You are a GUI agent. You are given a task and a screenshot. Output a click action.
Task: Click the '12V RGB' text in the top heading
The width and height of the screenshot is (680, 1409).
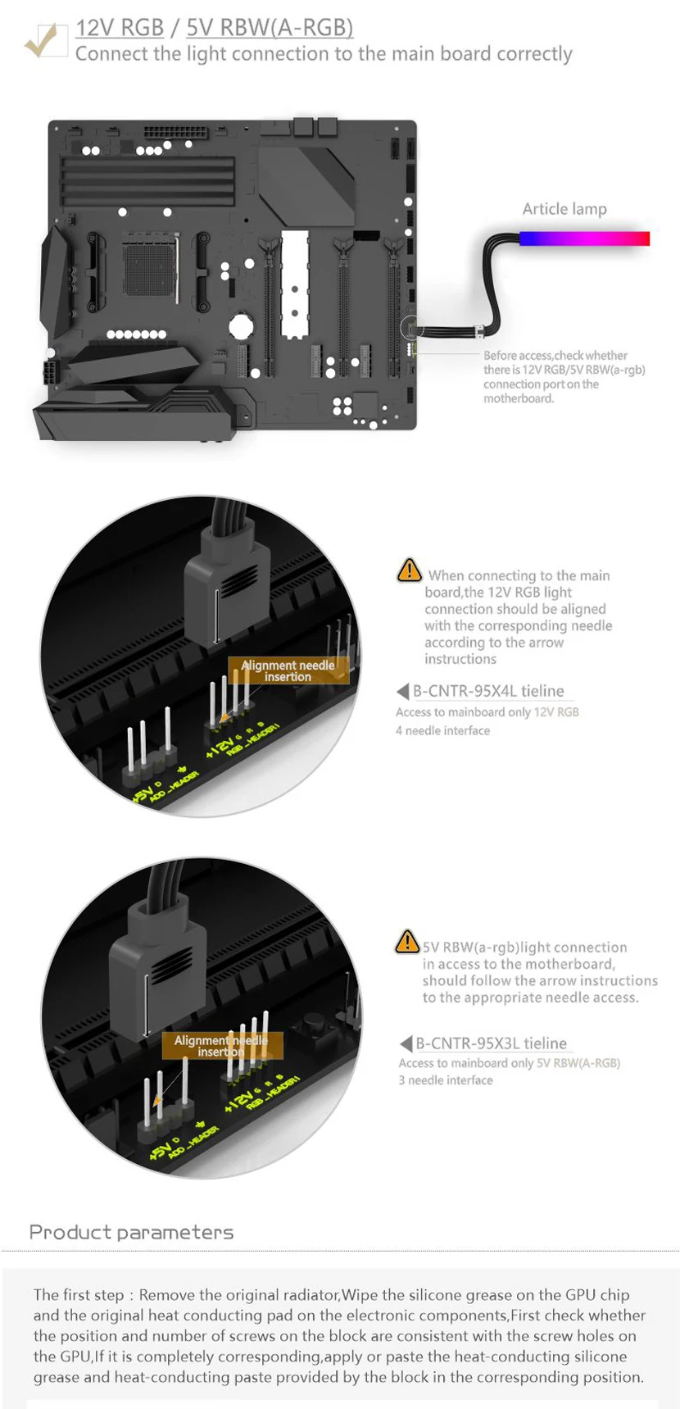coord(120,27)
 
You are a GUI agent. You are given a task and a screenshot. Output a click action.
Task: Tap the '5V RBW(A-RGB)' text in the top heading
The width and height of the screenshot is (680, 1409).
coord(270,27)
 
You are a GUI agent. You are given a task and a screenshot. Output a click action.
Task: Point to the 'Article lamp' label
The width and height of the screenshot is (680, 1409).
coord(564,209)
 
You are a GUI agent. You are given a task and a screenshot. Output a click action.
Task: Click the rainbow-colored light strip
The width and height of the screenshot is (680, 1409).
coord(584,239)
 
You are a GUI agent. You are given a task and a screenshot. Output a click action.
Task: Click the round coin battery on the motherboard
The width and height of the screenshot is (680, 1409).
coord(240,326)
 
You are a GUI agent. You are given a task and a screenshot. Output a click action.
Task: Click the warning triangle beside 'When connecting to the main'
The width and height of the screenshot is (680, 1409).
coord(409,570)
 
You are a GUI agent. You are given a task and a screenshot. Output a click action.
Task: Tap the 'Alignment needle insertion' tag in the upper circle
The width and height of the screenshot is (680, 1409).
coord(288,670)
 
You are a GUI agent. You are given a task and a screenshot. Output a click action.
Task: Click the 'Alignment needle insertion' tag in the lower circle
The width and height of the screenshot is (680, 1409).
coord(220,1045)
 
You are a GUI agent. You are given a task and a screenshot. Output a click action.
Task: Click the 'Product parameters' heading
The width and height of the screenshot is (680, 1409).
coord(131,1232)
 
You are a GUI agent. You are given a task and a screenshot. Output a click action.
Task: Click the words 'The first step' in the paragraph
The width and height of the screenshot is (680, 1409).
coord(79,1295)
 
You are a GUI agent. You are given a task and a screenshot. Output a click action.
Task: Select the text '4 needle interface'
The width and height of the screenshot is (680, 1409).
coord(442,730)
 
